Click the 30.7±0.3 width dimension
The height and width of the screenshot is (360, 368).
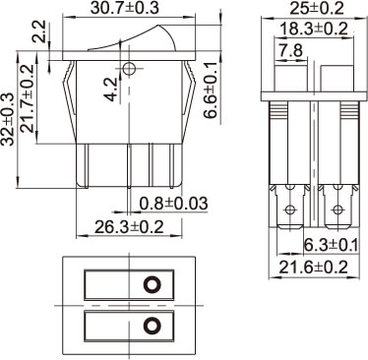point(125,8)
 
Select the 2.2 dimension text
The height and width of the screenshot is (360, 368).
point(39,31)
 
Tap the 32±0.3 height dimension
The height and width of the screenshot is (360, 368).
point(7,119)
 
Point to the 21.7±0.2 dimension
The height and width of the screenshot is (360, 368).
point(28,98)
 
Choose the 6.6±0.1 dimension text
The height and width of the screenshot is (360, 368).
point(211,90)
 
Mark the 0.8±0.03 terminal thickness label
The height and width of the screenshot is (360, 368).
point(174,204)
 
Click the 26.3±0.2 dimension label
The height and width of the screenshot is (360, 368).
point(129,227)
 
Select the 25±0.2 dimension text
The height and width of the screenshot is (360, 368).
point(317,8)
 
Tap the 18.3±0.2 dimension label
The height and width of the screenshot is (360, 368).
point(314,30)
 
